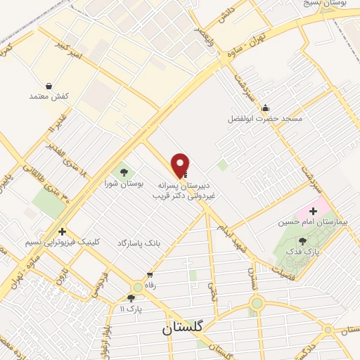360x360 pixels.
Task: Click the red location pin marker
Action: point(181,165)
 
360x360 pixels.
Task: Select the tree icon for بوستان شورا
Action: point(124,171)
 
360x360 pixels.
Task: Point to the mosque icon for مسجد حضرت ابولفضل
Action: point(265,108)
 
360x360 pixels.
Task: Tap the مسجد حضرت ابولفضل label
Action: point(265,119)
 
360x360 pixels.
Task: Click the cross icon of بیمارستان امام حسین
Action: point(313,212)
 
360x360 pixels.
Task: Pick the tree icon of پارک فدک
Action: point(303,241)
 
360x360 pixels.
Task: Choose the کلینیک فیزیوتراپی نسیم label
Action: point(63,242)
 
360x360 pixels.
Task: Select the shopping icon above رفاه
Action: point(149,275)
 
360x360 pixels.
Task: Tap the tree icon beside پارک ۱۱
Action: point(131,298)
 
